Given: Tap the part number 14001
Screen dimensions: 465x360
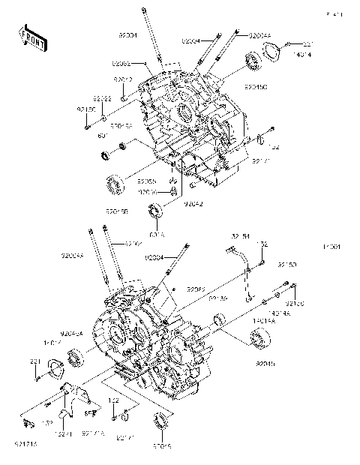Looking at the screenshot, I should point(331,247).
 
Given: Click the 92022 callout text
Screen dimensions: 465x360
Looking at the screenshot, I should point(103,99).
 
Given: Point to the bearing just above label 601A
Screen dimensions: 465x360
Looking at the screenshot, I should point(157,211).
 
